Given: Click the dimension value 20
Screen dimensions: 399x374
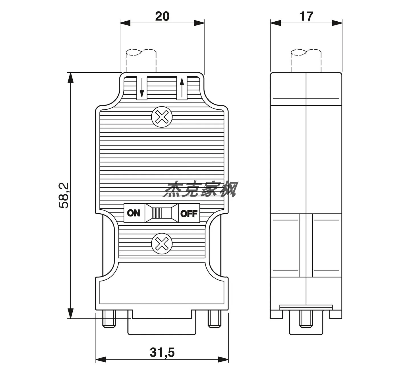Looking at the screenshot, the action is [x=162, y=16].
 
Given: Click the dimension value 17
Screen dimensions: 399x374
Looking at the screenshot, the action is [x=306, y=16].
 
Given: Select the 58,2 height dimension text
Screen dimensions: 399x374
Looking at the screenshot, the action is [x=64, y=195].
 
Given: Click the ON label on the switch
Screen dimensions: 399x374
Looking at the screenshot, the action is [x=133, y=213].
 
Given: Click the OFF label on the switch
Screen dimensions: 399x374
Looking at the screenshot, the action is [x=189, y=214].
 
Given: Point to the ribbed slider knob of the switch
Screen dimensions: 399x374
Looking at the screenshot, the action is [x=157, y=213].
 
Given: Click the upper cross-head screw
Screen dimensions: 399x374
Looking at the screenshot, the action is [x=162, y=117].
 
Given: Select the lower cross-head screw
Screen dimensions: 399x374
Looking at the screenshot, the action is [x=162, y=244].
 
